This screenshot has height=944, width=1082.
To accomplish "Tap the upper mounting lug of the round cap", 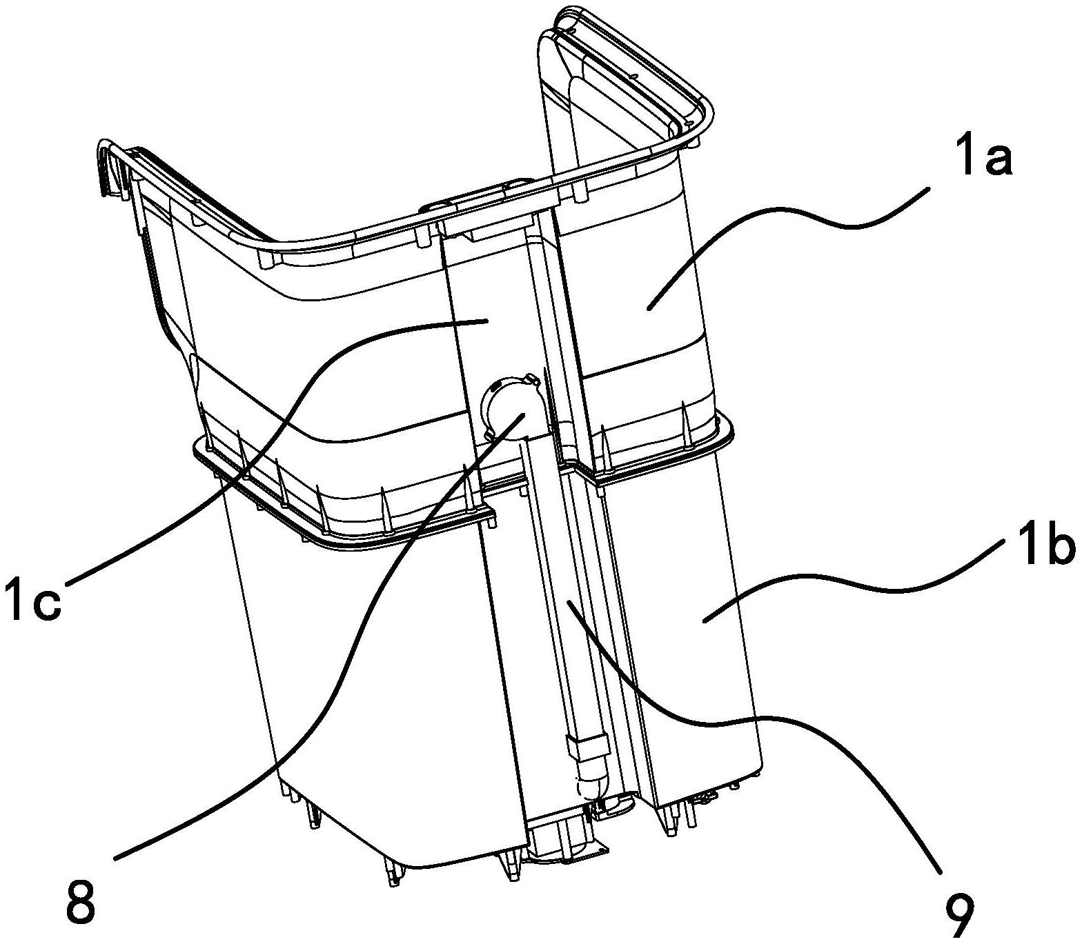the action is (x=531, y=379).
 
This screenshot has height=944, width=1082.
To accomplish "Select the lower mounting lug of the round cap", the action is (x=491, y=433).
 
